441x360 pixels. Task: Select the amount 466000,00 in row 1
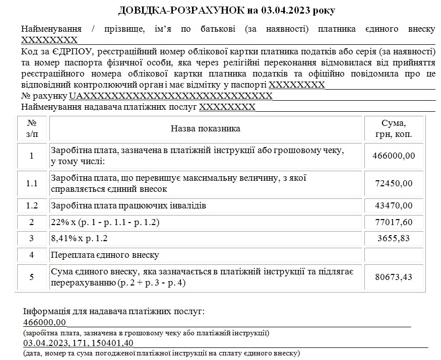(394, 156)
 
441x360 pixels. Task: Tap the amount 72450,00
(394, 183)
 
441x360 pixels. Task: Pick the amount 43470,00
(394, 205)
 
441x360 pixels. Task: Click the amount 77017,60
(394, 222)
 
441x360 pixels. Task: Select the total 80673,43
(394, 277)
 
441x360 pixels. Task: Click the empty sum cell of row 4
(394, 255)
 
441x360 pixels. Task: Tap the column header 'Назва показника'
(206, 128)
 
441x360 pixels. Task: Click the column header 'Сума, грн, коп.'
(394, 128)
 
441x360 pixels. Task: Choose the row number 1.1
(32, 183)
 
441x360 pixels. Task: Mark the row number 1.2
(32, 205)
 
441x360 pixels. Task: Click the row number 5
(32, 277)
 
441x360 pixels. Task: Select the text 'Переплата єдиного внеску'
(105, 255)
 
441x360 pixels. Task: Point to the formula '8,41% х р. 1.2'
(79, 238)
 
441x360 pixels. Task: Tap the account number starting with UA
(171, 96)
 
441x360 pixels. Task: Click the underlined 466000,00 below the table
(45, 322)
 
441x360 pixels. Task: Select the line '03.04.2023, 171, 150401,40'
(78, 343)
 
